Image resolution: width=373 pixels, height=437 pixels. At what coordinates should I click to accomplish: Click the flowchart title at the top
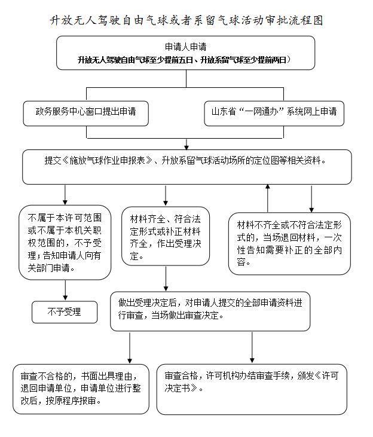[186, 20]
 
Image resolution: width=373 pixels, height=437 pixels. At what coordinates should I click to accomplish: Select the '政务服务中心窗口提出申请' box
[85, 112]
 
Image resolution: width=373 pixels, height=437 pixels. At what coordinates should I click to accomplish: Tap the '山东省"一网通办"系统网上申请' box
[274, 112]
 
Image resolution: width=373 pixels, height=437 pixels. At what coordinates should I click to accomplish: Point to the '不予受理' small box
[65, 311]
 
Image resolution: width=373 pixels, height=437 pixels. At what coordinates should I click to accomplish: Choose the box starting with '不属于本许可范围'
[65, 242]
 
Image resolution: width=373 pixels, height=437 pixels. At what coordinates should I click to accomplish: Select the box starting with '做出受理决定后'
[210, 310]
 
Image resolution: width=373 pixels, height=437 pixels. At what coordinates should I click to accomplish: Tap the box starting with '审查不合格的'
[81, 389]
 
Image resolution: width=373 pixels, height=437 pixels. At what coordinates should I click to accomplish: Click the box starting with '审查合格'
[252, 389]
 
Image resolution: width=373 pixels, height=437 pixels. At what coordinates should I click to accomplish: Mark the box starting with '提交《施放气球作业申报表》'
[186, 167]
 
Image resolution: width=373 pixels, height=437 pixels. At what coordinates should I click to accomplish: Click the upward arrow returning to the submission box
[268, 197]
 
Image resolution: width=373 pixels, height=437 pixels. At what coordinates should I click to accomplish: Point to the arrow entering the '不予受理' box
[65, 289]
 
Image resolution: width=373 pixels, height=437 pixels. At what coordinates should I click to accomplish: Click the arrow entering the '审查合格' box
[252, 347]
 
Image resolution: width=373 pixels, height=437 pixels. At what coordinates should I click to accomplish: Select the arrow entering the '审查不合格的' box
[130, 347]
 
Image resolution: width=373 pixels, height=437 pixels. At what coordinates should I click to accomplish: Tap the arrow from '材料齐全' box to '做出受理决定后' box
[165, 278]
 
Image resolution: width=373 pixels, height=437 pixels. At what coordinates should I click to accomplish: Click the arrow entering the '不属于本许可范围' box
[65, 194]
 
